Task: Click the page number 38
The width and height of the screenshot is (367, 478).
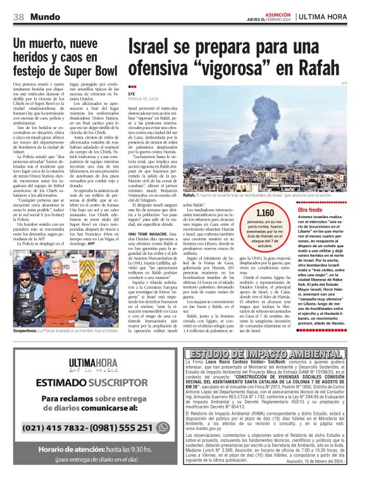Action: [x=18, y=16]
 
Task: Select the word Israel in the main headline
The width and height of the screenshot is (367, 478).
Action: [x=158, y=49]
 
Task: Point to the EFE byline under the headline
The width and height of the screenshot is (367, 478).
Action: [x=132, y=94]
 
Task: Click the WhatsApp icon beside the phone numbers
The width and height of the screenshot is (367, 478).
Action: [x=163, y=427]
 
